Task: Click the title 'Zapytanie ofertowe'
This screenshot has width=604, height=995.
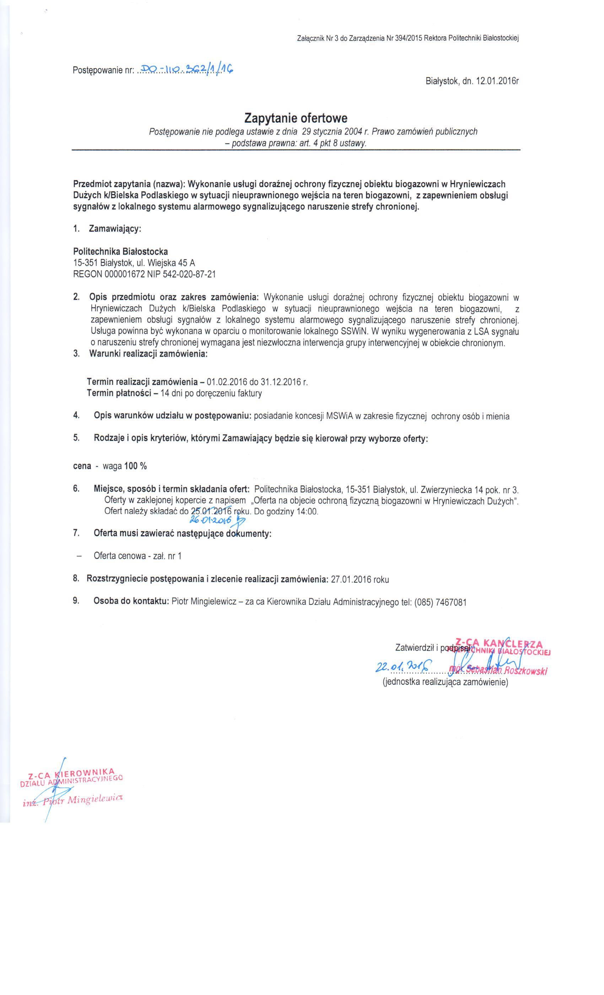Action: pos(296,118)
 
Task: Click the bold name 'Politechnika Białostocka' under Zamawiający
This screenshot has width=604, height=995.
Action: pos(120,252)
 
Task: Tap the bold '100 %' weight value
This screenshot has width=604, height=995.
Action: pos(136,466)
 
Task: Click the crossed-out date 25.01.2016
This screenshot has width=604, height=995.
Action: pos(210,511)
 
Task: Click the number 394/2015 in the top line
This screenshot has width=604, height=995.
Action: pos(404,39)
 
